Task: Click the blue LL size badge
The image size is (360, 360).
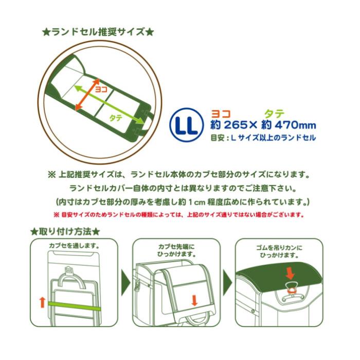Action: [x=186, y=124]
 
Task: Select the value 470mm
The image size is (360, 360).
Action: [x=295, y=125]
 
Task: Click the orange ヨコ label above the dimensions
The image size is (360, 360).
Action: [x=221, y=114]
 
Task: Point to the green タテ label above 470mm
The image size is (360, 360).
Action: [x=275, y=114]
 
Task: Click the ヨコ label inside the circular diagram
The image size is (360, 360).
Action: [x=101, y=89]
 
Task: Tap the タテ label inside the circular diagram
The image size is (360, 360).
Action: [x=116, y=118]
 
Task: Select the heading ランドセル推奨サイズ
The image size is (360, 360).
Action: [x=98, y=32]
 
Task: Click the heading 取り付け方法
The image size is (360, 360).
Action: [x=65, y=231]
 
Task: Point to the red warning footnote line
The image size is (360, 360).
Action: [x=179, y=215]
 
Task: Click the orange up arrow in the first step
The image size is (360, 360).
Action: [x=42, y=302]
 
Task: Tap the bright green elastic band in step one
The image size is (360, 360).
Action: [x=75, y=307]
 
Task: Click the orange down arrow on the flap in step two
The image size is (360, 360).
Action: [x=194, y=300]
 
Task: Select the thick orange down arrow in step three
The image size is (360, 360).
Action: [x=291, y=274]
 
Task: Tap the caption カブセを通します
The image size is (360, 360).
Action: [x=74, y=246]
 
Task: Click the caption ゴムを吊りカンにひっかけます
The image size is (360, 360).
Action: [x=279, y=251]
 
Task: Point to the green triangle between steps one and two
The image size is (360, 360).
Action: [x=125, y=283]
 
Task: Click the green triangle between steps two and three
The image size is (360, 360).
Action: [x=227, y=283]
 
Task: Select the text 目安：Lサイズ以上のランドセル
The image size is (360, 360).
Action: [x=263, y=138]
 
